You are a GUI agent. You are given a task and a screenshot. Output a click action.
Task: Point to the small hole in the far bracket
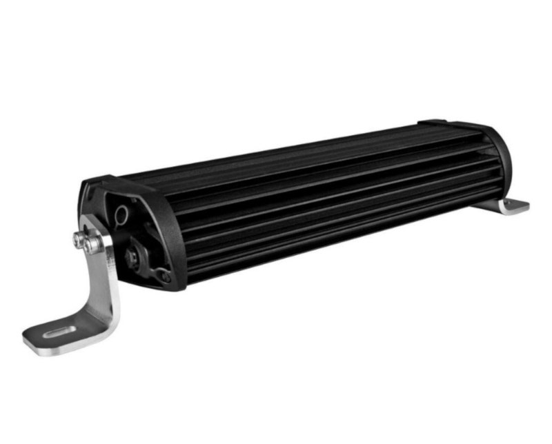(516, 205)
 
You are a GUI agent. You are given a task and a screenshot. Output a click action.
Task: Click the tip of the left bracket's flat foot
(31, 341)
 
